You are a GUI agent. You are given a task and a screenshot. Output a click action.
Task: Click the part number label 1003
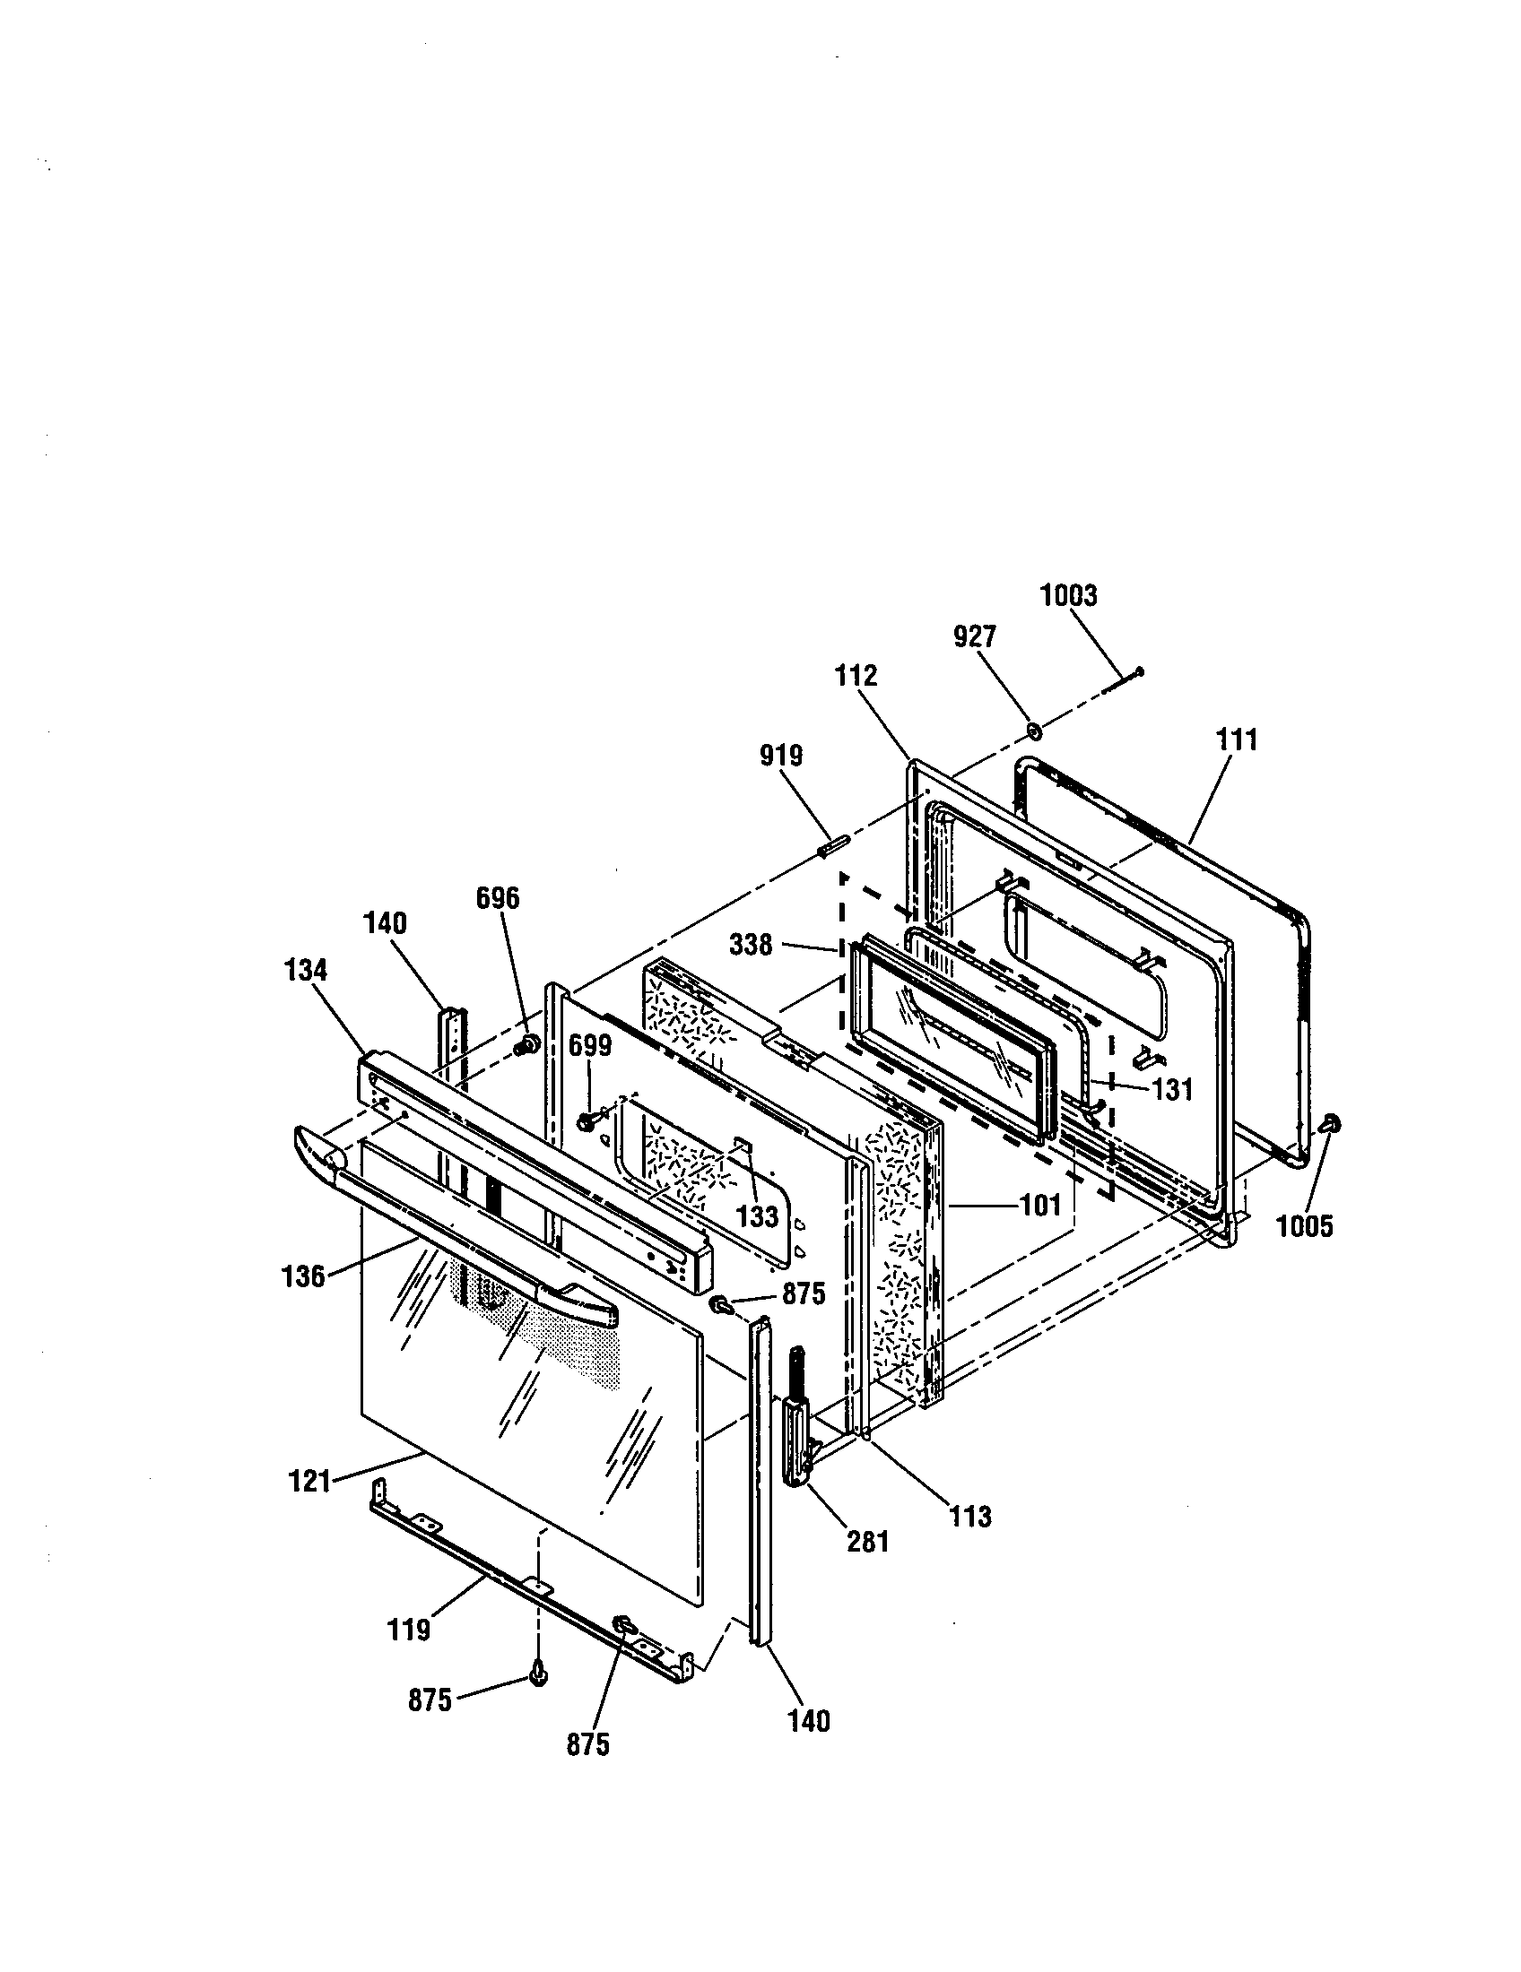tap(1067, 596)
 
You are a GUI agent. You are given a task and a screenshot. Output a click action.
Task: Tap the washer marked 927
tap(1034, 730)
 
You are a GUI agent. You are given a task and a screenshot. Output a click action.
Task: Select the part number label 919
tap(780, 756)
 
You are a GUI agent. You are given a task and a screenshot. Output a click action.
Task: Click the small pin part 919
tap(832, 849)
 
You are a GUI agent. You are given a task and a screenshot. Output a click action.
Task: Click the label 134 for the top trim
tap(305, 971)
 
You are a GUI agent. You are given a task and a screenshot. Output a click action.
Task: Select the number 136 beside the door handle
tap(302, 1276)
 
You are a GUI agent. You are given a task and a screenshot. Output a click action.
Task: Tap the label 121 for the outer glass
tap(309, 1482)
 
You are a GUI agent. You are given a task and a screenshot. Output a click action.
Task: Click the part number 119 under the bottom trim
tap(408, 1630)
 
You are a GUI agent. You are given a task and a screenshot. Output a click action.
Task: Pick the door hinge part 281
tap(795, 1427)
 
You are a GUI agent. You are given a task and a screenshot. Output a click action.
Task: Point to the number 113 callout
tap(970, 1517)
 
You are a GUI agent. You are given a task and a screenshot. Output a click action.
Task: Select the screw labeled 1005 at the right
tap(1330, 1124)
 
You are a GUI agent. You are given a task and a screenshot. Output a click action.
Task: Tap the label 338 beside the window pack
tap(752, 946)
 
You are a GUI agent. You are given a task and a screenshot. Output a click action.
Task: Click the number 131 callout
tap(1172, 1090)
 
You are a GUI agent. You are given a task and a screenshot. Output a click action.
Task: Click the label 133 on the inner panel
tap(757, 1217)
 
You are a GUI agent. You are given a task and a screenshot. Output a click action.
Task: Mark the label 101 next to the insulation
tap(1039, 1205)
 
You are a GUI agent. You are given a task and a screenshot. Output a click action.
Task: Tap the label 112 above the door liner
tap(856, 675)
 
